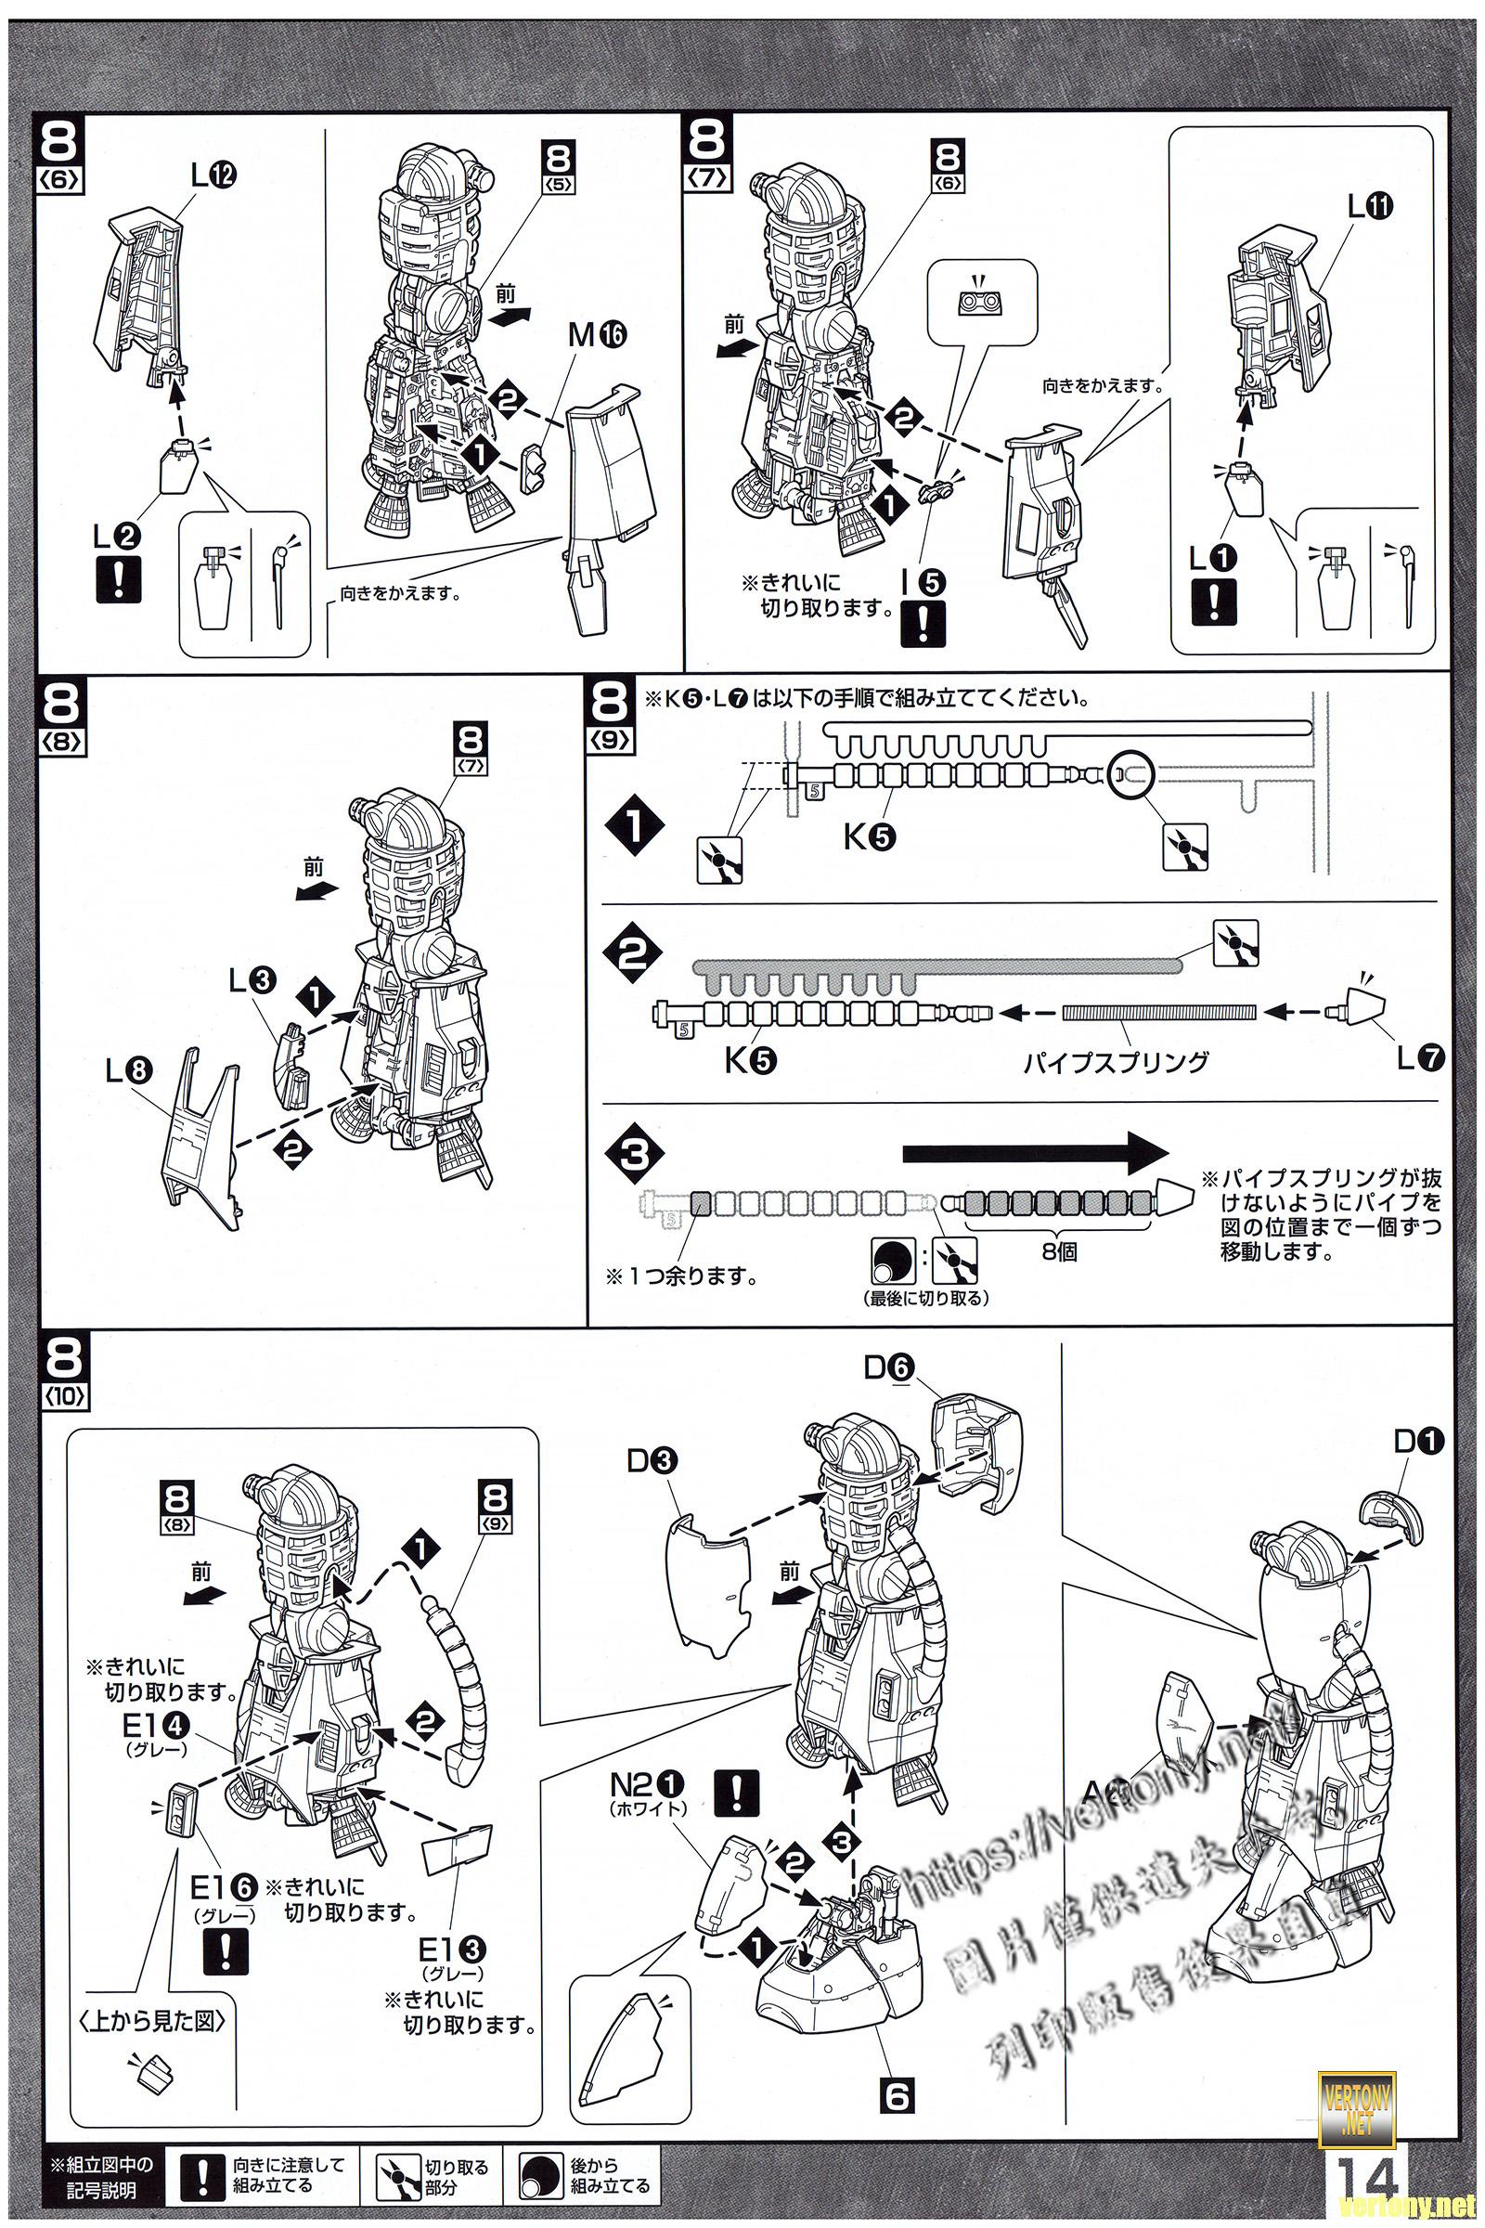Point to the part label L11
[x=1371, y=207]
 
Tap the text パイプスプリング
[x=1116, y=1061]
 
